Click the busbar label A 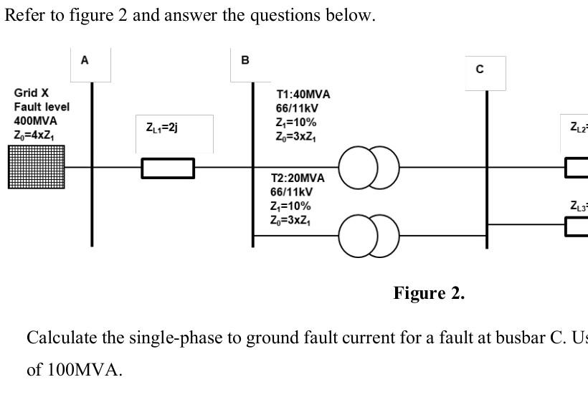(x=85, y=61)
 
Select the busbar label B (x=245, y=61)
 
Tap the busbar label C (x=480, y=70)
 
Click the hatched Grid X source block (x=36, y=167)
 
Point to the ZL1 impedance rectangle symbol (x=168, y=168)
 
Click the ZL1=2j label (x=161, y=128)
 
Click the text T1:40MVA (x=303, y=95)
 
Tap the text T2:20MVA (x=297, y=178)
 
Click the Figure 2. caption (x=429, y=293)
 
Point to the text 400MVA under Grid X (x=35, y=121)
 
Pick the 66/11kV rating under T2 (x=291, y=192)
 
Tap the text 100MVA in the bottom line (x=84, y=370)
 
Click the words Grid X (x=32, y=93)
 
